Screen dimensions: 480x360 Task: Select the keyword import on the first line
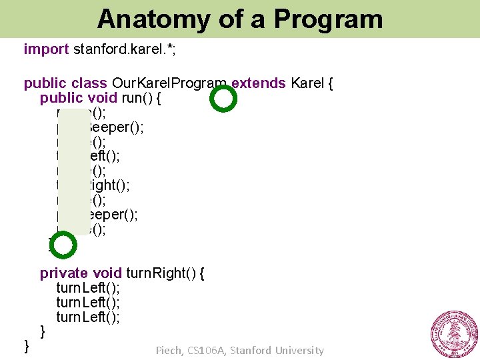(46, 49)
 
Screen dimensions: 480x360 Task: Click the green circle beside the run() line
(223, 99)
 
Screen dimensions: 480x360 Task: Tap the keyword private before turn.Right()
(64, 273)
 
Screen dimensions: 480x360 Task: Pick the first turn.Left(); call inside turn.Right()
(88, 287)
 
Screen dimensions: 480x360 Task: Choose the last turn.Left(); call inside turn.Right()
(88, 317)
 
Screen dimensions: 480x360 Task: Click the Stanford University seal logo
(454, 334)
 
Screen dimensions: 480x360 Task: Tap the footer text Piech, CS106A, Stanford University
(239, 350)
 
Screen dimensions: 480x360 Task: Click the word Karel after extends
(309, 83)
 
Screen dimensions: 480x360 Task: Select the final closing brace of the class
(27, 345)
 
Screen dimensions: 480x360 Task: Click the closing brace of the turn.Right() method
(43, 331)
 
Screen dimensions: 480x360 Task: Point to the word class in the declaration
(89, 83)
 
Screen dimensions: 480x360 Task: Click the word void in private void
(107, 273)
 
